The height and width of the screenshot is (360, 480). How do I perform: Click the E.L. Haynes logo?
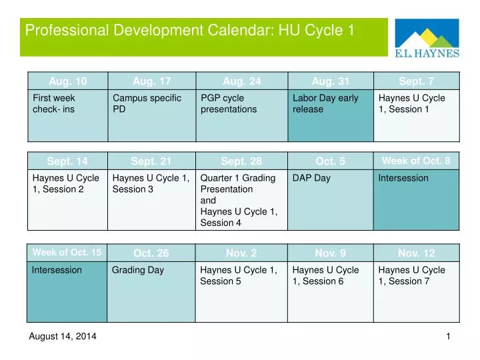[x=427, y=39]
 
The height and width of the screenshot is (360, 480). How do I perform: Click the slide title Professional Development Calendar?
[x=189, y=30]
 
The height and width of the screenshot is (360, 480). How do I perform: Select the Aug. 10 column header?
[x=67, y=81]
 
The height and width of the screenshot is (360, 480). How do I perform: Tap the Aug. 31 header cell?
[x=331, y=81]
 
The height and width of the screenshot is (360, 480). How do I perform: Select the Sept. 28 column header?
[x=241, y=161]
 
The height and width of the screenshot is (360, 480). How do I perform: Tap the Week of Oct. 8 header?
[x=416, y=160]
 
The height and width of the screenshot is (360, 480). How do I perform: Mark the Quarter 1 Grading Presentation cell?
[x=241, y=200]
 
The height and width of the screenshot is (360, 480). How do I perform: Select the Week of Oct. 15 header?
[x=67, y=252]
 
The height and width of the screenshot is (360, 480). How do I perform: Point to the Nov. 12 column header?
[x=416, y=253]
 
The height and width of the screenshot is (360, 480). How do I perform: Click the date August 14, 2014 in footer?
[x=63, y=337]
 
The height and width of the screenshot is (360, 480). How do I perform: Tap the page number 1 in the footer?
[x=448, y=337]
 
